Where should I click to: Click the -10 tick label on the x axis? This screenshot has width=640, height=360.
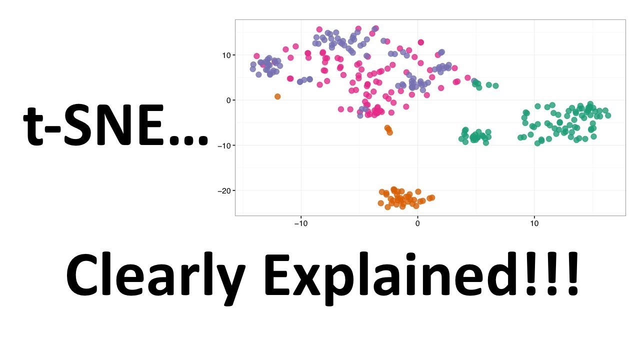pyautogui.click(x=301, y=223)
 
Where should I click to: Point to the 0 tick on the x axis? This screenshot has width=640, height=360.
pyautogui.click(x=417, y=223)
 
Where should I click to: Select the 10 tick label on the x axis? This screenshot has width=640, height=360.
pyautogui.click(x=534, y=223)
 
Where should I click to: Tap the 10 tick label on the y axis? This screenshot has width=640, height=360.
pyautogui.click(x=226, y=55)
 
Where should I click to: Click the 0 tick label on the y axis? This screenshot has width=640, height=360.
pyautogui.click(x=228, y=100)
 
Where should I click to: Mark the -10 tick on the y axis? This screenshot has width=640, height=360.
pyautogui.click(x=224, y=145)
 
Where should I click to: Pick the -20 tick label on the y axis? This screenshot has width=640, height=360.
pyautogui.click(x=224, y=190)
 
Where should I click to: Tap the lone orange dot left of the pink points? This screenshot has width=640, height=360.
pyautogui.click(x=277, y=96)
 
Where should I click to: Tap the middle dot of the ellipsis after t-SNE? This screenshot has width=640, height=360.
pyautogui.click(x=189, y=141)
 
